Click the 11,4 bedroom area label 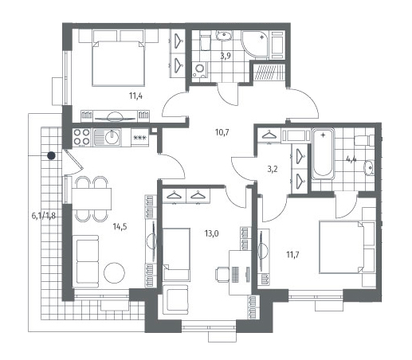click(x=135, y=96)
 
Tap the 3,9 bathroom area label click(x=226, y=56)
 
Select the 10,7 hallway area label click(x=222, y=132)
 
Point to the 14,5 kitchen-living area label click(x=120, y=227)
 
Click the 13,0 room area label click(x=212, y=233)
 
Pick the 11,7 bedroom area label click(x=292, y=255)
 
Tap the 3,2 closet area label click(x=273, y=169)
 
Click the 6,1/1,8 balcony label click(x=44, y=216)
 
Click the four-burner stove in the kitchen click(x=81, y=137)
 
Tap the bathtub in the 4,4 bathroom click(x=323, y=154)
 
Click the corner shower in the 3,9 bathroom click(x=256, y=45)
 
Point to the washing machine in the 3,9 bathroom click(x=200, y=69)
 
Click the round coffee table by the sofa click(x=114, y=272)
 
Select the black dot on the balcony click(x=51, y=155)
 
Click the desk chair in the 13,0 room click(x=222, y=274)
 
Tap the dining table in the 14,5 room click(x=92, y=199)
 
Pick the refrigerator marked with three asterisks click(x=140, y=138)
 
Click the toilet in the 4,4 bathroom click(x=364, y=140)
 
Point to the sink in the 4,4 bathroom click(x=369, y=168)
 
